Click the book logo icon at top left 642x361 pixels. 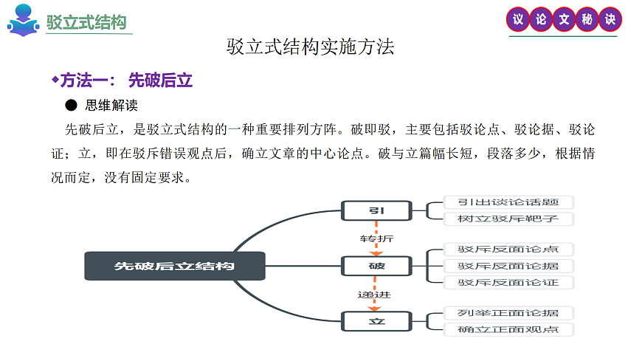click(x=23, y=21)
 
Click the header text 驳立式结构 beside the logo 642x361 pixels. click(x=86, y=22)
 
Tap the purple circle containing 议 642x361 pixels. click(x=518, y=20)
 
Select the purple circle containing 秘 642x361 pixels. click(x=587, y=20)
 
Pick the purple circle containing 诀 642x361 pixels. click(x=610, y=20)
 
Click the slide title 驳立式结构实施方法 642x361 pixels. click(x=311, y=47)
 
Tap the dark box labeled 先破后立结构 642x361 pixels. click(x=174, y=265)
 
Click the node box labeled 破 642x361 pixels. click(x=376, y=265)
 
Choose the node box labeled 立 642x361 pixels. click(x=376, y=320)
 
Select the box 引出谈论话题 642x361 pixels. click(x=508, y=202)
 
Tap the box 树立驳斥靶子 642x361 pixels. click(x=508, y=219)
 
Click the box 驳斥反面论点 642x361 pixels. click(x=508, y=250)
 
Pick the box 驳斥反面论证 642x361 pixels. click(x=508, y=282)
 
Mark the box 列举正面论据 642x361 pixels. click(x=508, y=313)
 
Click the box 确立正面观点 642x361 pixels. click(x=508, y=329)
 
